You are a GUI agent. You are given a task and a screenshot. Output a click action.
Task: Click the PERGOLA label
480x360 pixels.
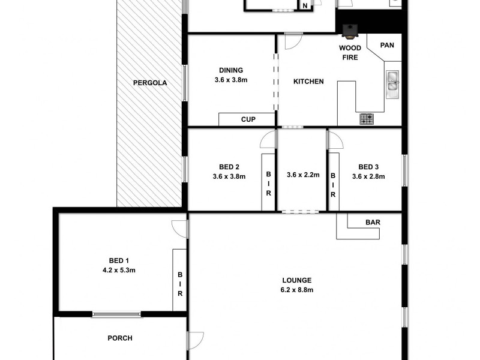(x=150, y=83)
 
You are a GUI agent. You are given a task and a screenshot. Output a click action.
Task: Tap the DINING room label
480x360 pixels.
(x=231, y=70)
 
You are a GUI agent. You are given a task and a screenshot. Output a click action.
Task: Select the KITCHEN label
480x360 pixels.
(x=308, y=82)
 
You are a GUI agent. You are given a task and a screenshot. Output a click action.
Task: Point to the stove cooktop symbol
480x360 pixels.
(x=367, y=119)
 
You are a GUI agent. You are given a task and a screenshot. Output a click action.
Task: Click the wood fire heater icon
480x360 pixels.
(x=349, y=30)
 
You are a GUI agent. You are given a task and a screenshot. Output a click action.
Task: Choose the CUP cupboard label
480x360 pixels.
(x=248, y=119)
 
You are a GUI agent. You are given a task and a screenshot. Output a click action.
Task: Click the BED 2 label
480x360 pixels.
(x=229, y=167)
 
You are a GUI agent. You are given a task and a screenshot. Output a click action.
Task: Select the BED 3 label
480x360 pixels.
(x=368, y=167)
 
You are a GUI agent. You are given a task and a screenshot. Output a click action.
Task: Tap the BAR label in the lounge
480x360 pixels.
(x=373, y=222)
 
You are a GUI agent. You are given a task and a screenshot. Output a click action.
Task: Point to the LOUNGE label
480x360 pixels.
(x=297, y=280)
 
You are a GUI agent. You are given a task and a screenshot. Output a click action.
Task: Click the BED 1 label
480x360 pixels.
(x=119, y=260)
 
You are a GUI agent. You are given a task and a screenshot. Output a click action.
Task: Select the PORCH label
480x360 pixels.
(x=120, y=338)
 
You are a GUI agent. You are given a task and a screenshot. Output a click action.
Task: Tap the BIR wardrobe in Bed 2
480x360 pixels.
(x=268, y=184)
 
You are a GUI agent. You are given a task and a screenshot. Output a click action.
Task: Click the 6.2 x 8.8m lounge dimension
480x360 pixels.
(x=298, y=290)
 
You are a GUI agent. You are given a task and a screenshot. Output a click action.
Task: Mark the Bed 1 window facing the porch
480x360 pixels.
(x=117, y=313)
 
